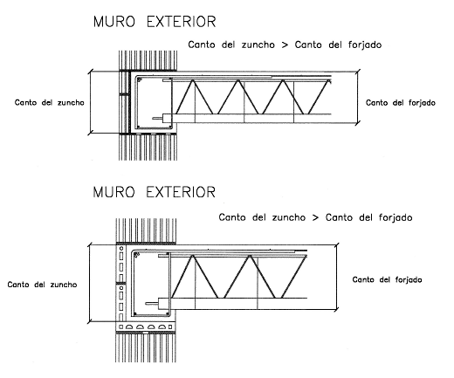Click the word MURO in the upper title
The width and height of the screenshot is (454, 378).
114,22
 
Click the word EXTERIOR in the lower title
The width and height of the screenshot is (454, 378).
181,192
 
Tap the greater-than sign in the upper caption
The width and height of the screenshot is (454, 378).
285,45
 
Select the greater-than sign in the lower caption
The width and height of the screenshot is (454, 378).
315,217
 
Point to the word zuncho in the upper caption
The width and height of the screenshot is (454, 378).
258,45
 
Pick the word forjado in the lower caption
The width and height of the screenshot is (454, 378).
396,217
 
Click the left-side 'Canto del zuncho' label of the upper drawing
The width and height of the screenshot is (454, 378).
50,102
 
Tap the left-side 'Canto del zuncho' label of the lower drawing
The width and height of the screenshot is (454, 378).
42,285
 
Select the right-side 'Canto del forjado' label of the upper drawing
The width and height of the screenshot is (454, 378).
401,103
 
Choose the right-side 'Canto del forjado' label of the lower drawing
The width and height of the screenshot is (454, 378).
387,279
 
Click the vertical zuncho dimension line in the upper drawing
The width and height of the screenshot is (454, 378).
91,102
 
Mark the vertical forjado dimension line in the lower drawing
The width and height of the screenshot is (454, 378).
337,278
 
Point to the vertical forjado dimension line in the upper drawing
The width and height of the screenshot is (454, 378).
358,97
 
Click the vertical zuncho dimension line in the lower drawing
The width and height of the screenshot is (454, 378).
90,283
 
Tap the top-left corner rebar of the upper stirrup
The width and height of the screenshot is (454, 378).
139,79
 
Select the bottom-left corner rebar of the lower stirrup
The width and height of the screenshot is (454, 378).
134,314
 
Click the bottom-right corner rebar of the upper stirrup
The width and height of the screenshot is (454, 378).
169,127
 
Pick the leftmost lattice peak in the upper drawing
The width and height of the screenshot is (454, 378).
193,80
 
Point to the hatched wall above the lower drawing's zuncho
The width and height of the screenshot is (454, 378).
146,230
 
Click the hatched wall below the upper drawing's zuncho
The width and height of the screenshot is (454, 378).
148,148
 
